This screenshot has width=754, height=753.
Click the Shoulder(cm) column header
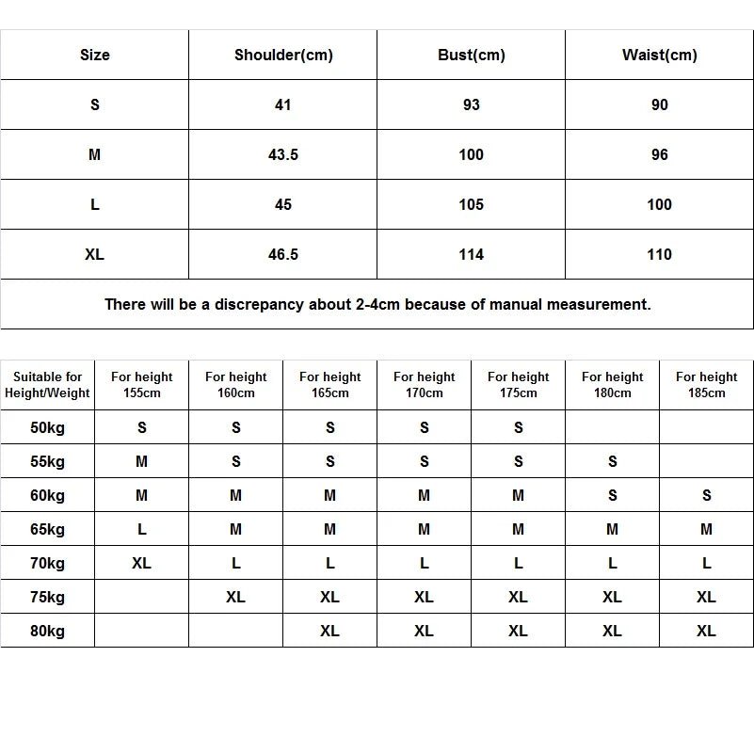(x=283, y=55)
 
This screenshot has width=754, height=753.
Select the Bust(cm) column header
(x=472, y=55)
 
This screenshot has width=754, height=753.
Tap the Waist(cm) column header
(x=660, y=55)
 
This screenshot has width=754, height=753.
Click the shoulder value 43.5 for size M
(x=283, y=154)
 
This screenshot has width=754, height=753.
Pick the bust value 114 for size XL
(x=472, y=254)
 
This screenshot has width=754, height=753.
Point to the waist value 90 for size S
(x=660, y=104)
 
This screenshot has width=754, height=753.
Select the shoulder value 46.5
(x=283, y=254)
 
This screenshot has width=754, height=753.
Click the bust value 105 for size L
(x=472, y=204)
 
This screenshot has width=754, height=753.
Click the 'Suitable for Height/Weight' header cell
(x=48, y=385)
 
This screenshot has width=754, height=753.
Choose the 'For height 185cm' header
(x=707, y=385)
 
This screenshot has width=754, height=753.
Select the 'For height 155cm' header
(x=142, y=385)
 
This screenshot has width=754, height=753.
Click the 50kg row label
(x=48, y=427)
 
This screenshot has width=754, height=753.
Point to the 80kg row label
(x=48, y=631)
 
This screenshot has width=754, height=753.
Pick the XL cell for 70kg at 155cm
(x=142, y=563)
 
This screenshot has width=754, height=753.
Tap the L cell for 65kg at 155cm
(x=142, y=529)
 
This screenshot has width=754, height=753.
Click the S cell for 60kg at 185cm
(x=707, y=495)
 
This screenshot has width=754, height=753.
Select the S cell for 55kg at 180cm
(x=613, y=461)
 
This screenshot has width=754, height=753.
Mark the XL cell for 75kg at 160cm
(x=236, y=597)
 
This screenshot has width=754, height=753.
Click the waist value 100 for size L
(x=660, y=204)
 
